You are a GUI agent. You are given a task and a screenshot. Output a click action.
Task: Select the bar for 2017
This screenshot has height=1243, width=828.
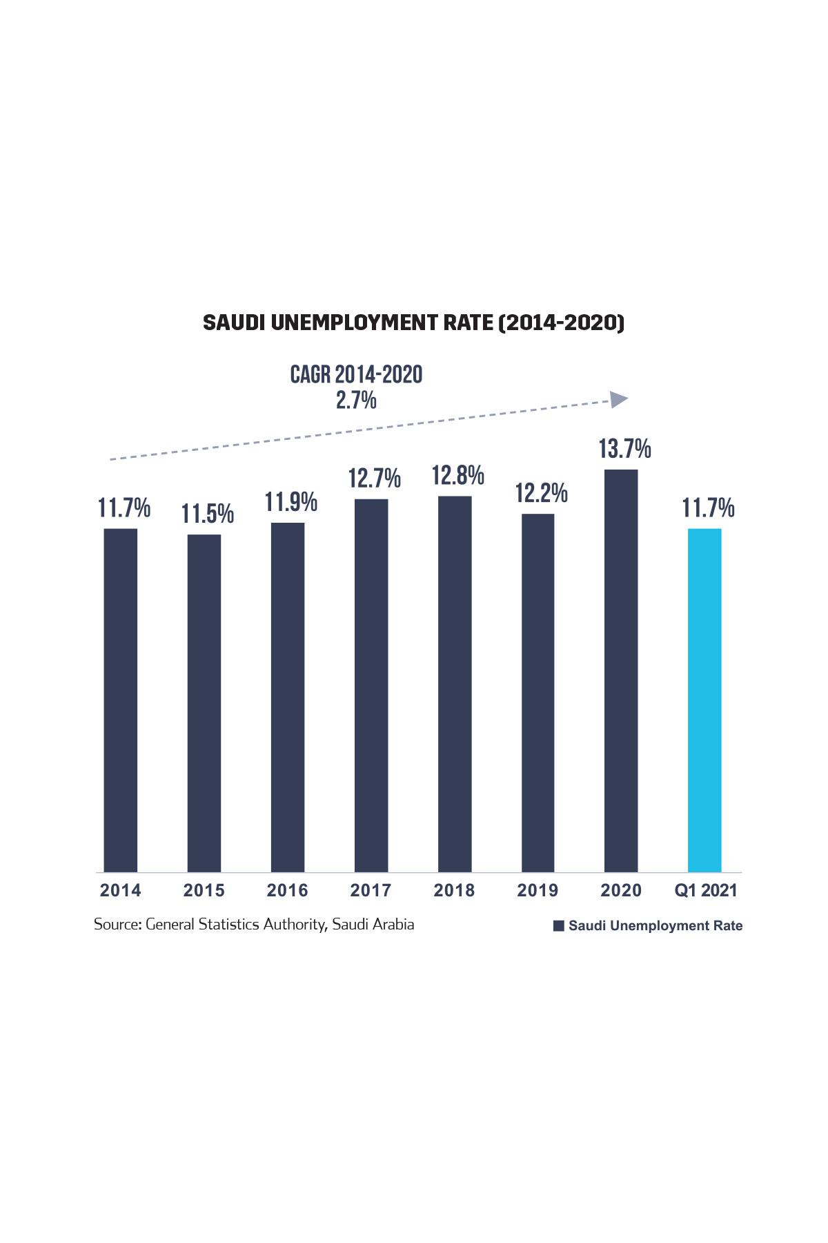[371, 685]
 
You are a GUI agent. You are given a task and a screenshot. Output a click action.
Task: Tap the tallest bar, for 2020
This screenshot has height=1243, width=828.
[621, 671]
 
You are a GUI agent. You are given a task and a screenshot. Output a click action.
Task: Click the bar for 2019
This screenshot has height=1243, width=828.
[538, 693]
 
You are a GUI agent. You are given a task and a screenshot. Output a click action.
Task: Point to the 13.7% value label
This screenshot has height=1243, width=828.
[624, 450]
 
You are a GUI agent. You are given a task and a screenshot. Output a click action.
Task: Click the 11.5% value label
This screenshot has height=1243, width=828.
[208, 514]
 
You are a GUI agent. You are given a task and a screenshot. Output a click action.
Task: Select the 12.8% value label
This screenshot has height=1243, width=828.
[457, 476]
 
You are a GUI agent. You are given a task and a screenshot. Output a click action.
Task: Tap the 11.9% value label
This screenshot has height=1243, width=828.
[291, 502]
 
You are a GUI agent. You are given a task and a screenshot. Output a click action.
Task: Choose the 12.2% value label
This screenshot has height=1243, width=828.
[542, 493]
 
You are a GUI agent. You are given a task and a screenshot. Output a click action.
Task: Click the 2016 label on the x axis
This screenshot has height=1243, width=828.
[288, 891]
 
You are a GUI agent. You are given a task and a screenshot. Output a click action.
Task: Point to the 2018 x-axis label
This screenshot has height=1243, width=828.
[454, 891]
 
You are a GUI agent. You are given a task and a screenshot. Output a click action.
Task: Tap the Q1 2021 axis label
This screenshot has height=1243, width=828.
[706, 891]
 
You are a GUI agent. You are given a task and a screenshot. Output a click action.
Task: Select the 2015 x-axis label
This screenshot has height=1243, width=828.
[204, 891]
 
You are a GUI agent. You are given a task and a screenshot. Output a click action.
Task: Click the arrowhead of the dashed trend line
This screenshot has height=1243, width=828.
[619, 398]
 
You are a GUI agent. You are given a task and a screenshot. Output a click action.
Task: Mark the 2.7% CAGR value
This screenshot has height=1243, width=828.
[356, 400]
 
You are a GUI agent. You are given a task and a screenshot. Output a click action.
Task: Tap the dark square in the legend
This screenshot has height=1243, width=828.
[559, 926]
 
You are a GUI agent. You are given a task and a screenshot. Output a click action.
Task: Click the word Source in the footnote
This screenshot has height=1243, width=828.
[117, 925]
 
